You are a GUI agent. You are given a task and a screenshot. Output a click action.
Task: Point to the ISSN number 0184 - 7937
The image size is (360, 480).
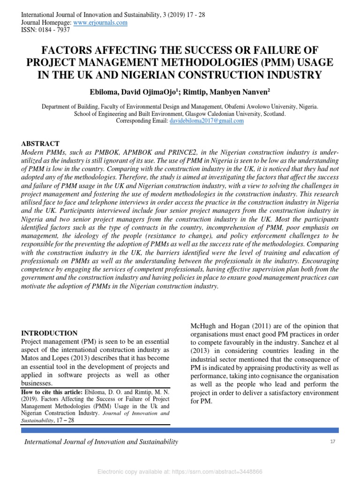coord(55,30)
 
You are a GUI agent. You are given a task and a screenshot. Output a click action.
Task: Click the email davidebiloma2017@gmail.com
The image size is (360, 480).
coord(206,120)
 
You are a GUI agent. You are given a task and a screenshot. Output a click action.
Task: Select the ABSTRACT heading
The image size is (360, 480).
coord(40,143)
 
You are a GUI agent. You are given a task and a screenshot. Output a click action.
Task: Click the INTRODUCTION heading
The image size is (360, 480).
coord(50,333)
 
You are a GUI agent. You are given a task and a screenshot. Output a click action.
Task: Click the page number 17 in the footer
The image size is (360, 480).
coord(333,442)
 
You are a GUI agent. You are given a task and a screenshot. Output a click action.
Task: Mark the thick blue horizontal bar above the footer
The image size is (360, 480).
coord(180,430)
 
